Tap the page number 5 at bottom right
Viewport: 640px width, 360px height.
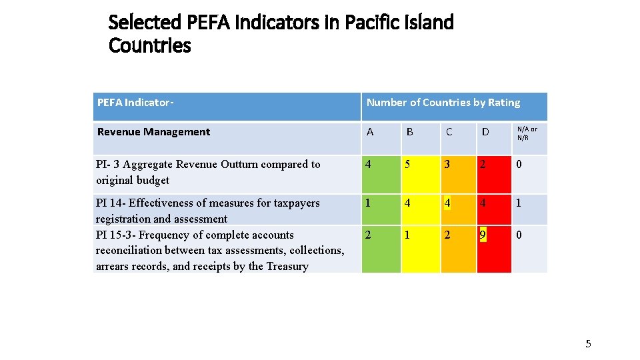(588, 344)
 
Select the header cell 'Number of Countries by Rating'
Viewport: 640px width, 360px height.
(443, 103)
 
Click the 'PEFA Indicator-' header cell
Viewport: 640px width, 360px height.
(135, 103)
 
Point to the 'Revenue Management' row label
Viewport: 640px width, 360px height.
(153, 132)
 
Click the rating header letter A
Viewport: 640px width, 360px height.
(371, 132)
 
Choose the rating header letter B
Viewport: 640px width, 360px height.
(410, 132)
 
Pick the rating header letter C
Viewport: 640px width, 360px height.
(449, 132)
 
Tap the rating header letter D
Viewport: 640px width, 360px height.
(485, 132)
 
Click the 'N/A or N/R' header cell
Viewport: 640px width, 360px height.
(527, 133)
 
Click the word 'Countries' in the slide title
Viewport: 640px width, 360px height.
(149, 46)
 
